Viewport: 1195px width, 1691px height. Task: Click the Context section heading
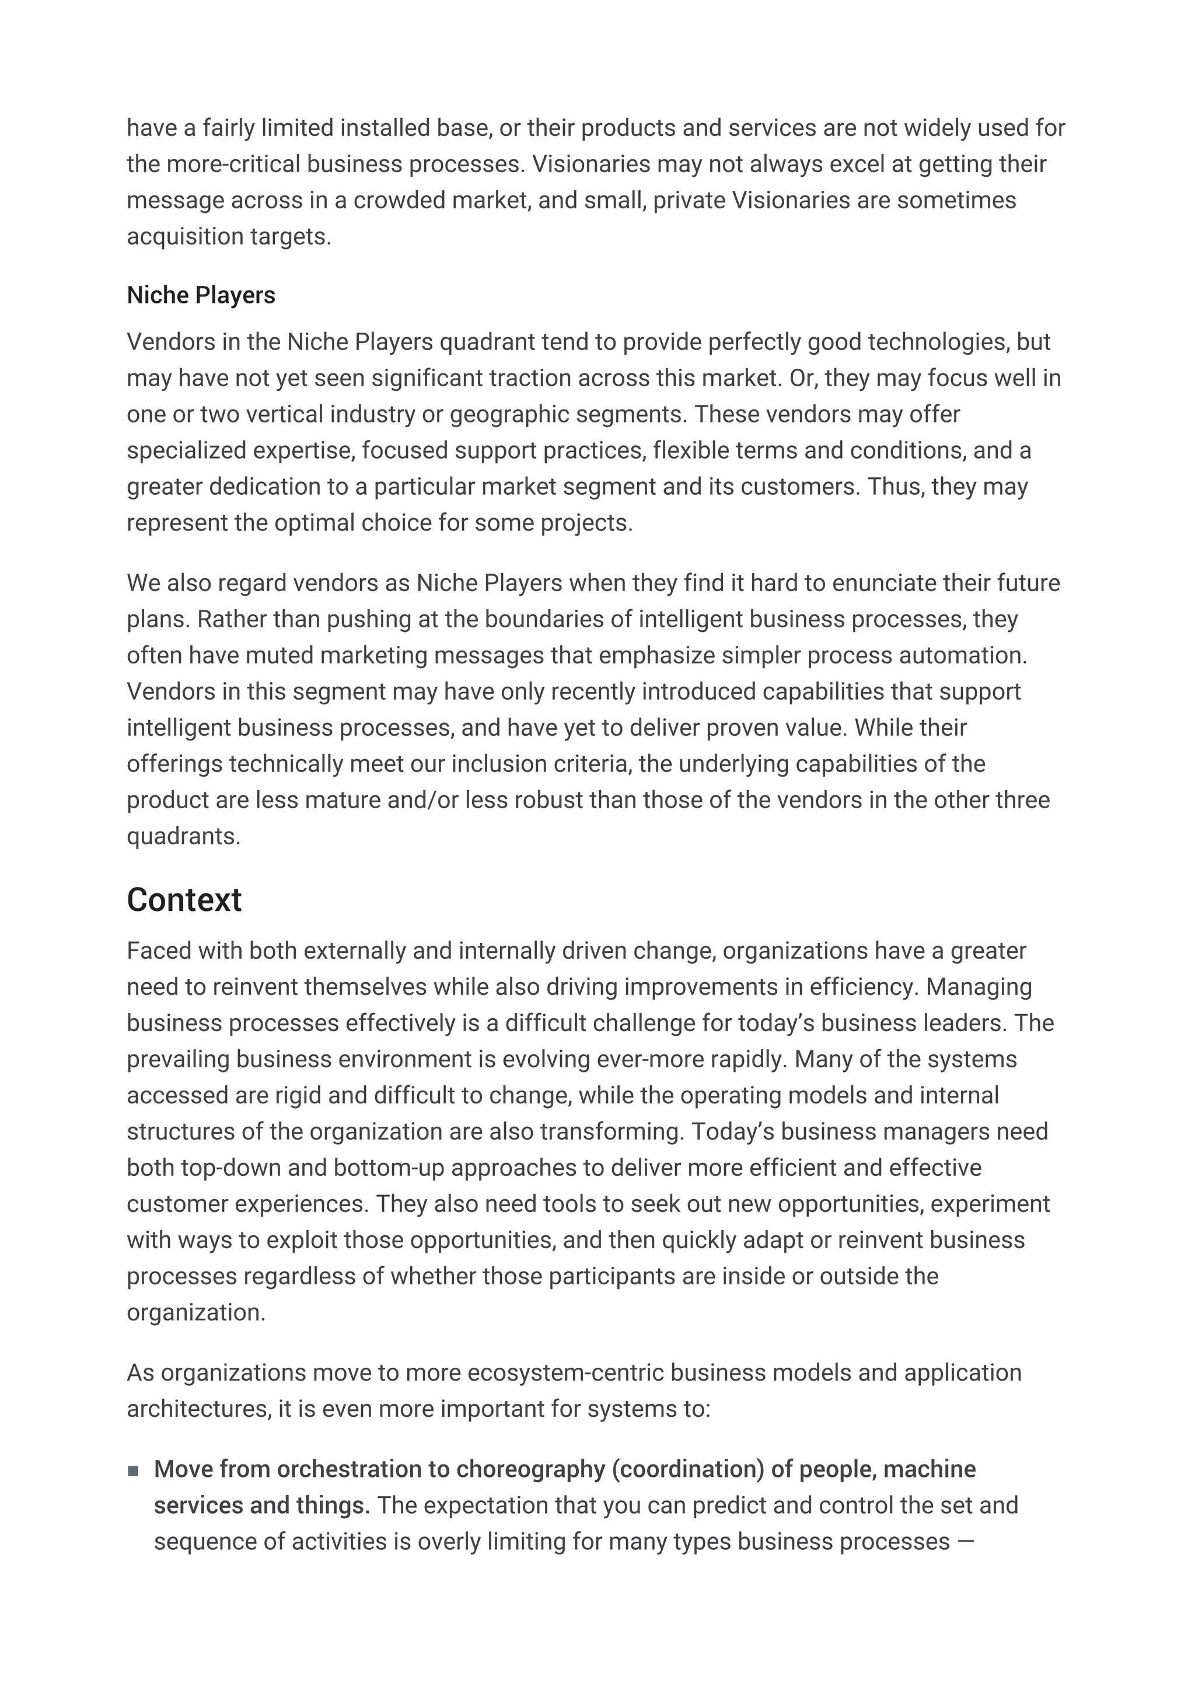point(184,900)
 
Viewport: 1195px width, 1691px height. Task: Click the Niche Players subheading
point(201,295)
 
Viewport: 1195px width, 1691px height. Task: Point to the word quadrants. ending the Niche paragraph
point(183,837)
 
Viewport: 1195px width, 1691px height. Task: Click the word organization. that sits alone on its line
point(196,1312)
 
